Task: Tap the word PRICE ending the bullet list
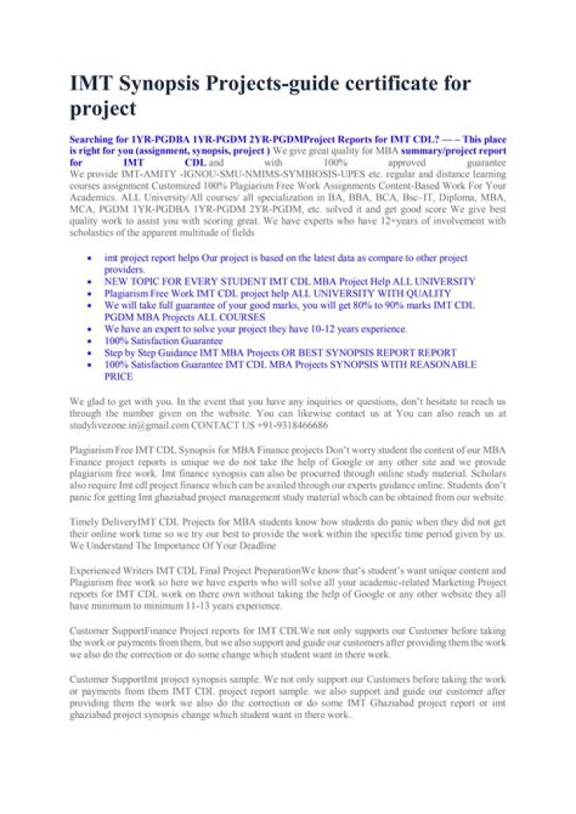click(x=118, y=376)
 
